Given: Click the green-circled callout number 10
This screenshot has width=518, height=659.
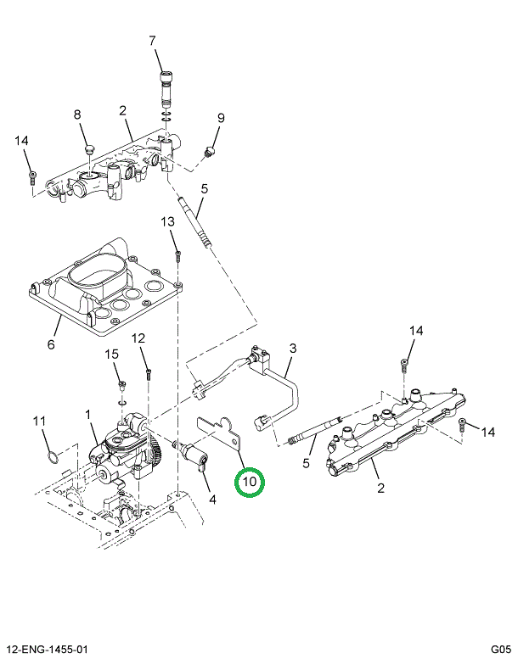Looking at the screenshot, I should tap(250, 483).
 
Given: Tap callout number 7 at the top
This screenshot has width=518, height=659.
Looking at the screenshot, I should tap(153, 41).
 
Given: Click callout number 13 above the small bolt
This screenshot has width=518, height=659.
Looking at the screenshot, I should tap(168, 222).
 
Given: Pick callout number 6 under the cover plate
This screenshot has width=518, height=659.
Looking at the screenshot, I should tap(51, 344).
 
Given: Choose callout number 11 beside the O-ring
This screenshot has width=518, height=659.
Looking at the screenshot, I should tap(38, 422).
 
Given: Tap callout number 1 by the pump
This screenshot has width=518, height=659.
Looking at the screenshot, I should tap(87, 414).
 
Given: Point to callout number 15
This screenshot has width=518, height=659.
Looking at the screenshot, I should tap(110, 355).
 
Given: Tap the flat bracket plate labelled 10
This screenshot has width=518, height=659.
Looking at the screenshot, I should tap(218, 432).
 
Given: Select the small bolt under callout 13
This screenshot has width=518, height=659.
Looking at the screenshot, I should tap(178, 254).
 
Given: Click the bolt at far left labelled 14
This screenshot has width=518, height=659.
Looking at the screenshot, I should tap(31, 177).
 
